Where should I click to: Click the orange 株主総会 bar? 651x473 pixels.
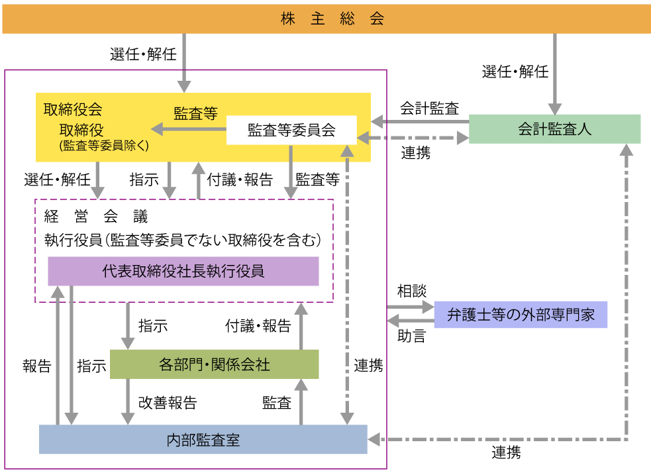pos(325,19)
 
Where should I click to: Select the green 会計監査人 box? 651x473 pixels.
pos(554,129)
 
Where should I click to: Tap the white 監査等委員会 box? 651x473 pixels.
pos(291,130)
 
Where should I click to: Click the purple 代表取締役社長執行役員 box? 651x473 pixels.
pos(183,271)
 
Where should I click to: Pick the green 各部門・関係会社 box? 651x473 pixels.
pos(214,364)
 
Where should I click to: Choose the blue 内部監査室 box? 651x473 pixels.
pos(203,439)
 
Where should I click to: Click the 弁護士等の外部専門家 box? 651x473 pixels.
pos(521,315)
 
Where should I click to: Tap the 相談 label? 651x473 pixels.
pos(412,291)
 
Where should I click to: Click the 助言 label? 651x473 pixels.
pos(412,336)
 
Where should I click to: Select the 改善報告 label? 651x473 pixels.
pos(167,402)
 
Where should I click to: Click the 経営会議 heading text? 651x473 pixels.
pos(96,216)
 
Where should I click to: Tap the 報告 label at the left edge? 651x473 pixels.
pos(36,366)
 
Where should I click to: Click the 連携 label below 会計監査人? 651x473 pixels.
pos(416,153)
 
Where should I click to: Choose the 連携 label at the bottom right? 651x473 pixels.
pos(506,453)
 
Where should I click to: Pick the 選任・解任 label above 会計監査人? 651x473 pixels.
pos(515,72)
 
